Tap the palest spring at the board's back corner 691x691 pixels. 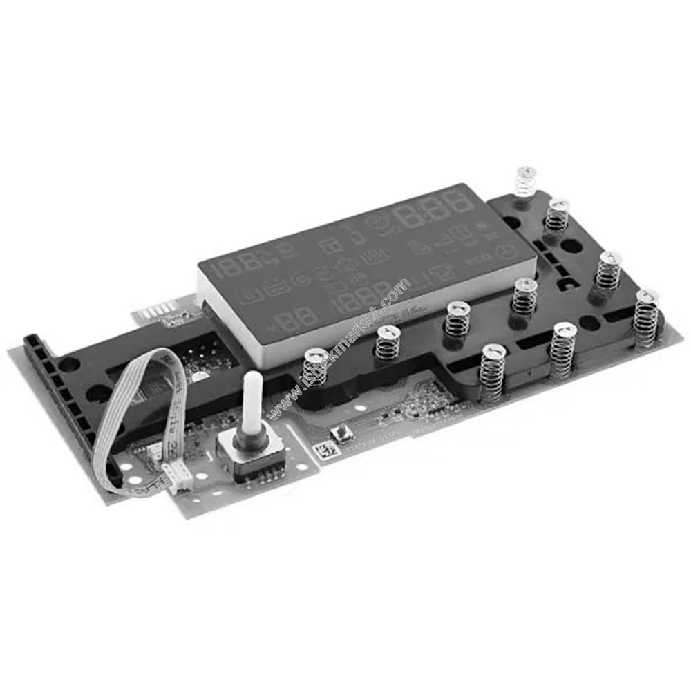(526, 180)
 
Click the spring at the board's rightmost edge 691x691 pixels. (645, 318)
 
